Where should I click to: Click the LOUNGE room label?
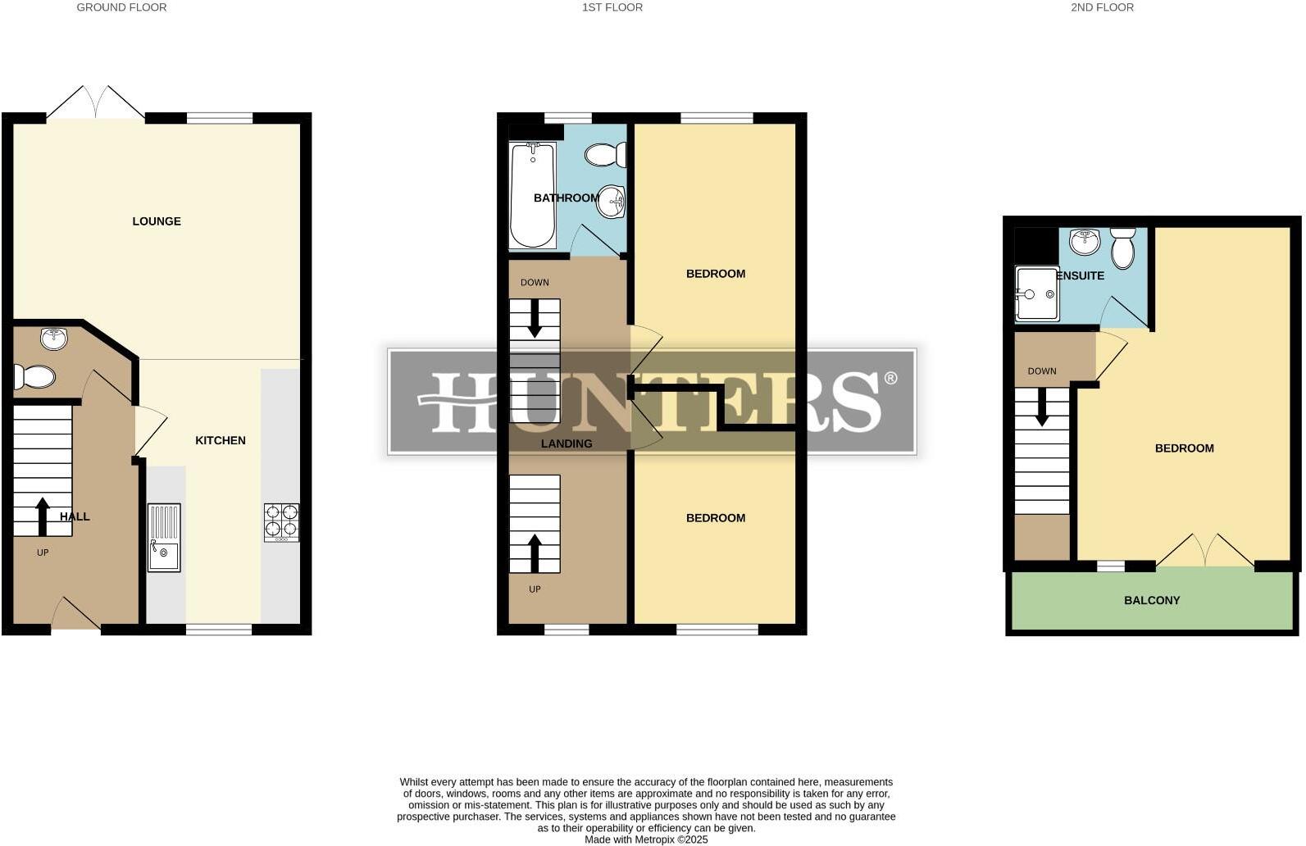point(157,221)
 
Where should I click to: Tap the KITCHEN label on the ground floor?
point(220,440)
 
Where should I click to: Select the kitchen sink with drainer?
point(164,537)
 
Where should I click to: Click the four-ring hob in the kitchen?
point(281,522)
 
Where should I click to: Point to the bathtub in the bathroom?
point(532,195)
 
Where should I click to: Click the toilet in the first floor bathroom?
point(607,155)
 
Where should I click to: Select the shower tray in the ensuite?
point(1037,293)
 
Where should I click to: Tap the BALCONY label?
point(1151,600)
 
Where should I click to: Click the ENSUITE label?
point(1081,275)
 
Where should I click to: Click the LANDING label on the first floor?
point(566,443)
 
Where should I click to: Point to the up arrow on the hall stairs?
point(43,516)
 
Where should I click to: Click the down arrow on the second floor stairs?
point(1041,407)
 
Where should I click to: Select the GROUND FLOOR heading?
point(121,7)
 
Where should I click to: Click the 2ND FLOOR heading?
point(1101,7)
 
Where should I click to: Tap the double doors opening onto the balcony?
point(1204,551)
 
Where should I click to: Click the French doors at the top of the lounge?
point(96,102)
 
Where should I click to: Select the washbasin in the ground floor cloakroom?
point(54,338)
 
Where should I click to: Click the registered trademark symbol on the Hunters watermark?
point(890,378)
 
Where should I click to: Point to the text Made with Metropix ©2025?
point(645,839)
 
